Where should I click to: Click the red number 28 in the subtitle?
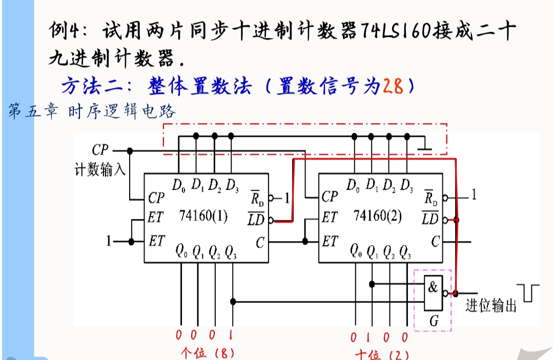(393, 86)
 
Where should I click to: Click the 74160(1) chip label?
(202, 216)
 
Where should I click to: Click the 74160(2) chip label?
(377, 216)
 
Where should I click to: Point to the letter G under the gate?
(434, 322)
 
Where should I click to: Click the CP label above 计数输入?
(100, 150)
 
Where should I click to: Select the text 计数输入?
(100, 170)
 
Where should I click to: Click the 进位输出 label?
(490, 306)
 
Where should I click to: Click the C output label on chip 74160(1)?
(260, 242)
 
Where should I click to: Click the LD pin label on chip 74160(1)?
(256, 221)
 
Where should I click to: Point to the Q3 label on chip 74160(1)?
(231, 251)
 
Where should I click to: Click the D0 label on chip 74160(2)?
(353, 184)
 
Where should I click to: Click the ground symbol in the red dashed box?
(425, 148)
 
